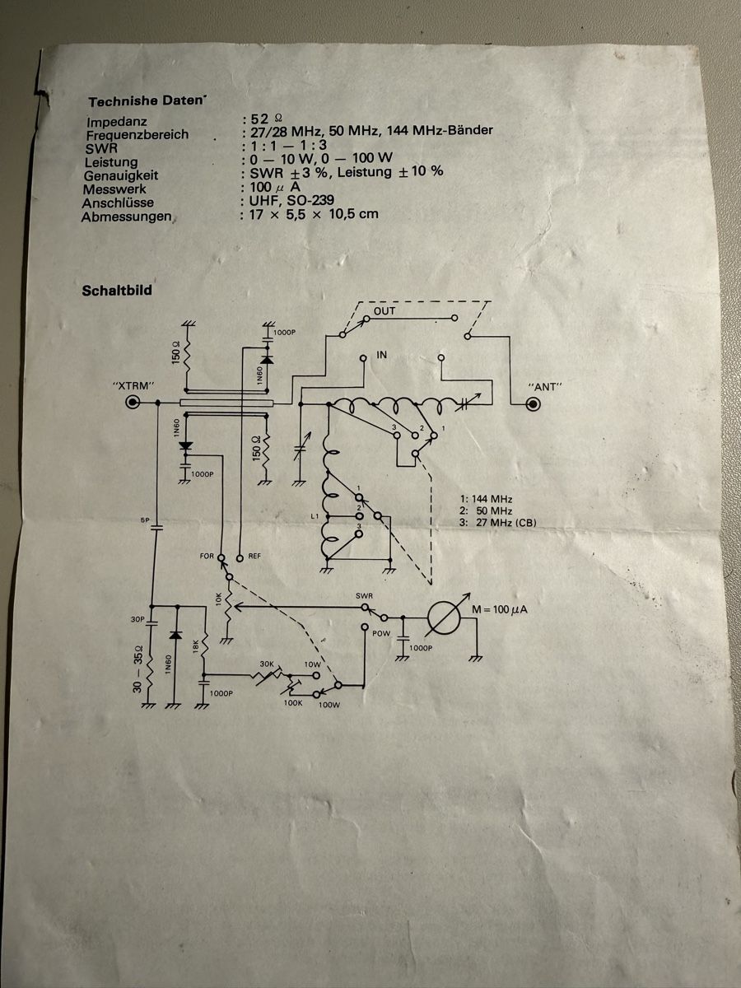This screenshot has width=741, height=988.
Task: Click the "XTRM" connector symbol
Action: tap(133, 402)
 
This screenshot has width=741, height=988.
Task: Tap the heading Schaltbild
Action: tap(117, 291)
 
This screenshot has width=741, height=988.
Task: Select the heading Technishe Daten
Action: tap(146, 102)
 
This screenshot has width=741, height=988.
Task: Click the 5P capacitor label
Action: tap(144, 520)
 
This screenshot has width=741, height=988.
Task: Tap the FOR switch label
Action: tap(207, 557)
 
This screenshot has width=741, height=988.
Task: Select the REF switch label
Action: tap(254, 557)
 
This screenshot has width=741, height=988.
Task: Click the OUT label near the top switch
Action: tap(384, 311)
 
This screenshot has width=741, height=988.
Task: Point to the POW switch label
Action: tap(381, 634)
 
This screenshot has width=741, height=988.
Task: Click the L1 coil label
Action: tap(315, 516)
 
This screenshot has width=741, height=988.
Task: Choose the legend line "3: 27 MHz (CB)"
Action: tap(498, 523)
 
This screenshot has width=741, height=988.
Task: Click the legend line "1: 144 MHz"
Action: tap(486, 499)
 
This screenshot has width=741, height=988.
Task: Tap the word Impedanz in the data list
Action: tap(117, 122)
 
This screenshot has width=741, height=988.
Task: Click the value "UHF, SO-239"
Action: tap(292, 200)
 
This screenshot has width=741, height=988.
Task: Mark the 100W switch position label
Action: tap(329, 705)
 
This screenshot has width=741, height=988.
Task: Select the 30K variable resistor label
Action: tap(267, 664)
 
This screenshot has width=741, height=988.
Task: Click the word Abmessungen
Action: tap(127, 217)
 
